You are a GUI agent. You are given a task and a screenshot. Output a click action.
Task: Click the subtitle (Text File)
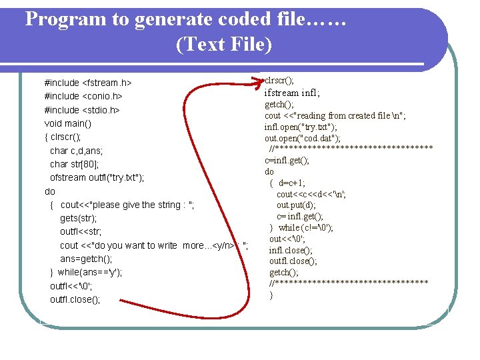[x=224, y=45]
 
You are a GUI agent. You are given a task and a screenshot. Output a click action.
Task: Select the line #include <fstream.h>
[x=87, y=83]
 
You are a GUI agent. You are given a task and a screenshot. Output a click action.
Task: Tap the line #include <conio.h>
[x=84, y=97]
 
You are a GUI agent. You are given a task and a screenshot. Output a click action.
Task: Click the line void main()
[x=68, y=124]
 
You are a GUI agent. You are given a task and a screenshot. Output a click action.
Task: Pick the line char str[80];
[x=75, y=164]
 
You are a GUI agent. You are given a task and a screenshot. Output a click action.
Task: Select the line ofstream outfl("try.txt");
[x=97, y=178]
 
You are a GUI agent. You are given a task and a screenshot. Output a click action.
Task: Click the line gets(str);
[x=78, y=219]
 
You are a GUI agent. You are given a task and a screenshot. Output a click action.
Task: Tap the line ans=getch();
[x=86, y=259]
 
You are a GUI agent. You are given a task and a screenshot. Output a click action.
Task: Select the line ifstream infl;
[x=292, y=93]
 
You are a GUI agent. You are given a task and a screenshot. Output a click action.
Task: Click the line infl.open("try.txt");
[x=301, y=127]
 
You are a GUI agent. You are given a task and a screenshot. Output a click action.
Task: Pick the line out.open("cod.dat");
[x=303, y=138]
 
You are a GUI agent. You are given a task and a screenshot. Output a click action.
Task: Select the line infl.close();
[x=291, y=250]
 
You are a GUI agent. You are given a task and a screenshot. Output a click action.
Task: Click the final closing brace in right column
[x=271, y=295]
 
